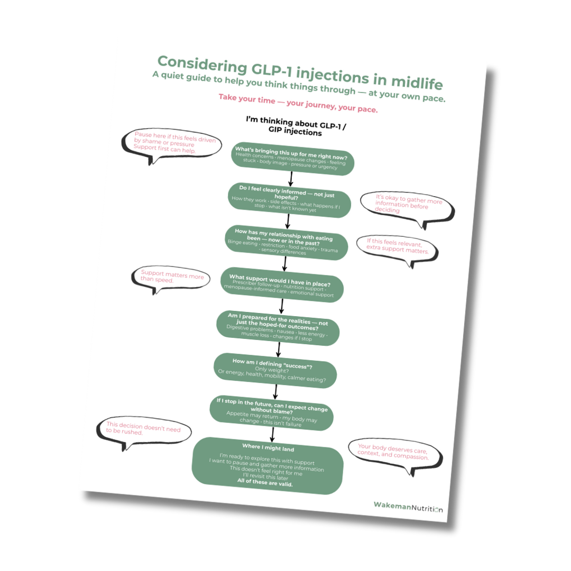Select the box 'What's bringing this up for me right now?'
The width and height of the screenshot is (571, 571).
click(292, 157)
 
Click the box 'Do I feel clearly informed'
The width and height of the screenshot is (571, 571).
click(289, 199)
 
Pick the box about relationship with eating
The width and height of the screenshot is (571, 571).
click(286, 242)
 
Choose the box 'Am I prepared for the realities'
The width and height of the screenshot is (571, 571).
click(278, 327)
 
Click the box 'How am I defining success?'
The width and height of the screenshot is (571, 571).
click(275, 370)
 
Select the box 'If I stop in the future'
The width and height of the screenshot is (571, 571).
click(272, 412)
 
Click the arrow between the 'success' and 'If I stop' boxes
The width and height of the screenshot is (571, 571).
click(275, 392)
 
